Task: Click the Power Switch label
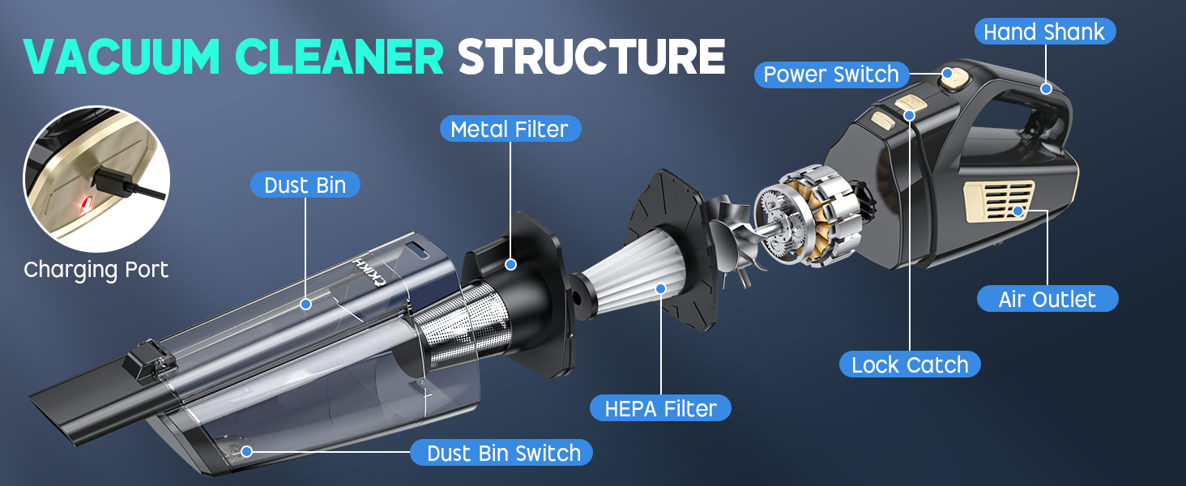point(830,75)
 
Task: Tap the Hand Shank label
point(1044,32)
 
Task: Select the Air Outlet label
point(1047,299)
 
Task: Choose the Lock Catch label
point(909,364)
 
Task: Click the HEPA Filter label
point(661,408)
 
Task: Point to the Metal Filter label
point(510,129)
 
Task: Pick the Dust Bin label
point(305,185)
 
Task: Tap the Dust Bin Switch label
point(503,453)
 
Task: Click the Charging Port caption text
point(96,270)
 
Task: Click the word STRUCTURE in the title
point(591,56)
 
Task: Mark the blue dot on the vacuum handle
point(1046,88)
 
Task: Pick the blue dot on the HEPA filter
point(660,287)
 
